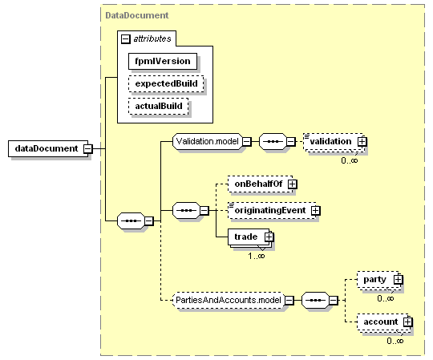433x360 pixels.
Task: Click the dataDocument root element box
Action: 48,148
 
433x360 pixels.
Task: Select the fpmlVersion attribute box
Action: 163,61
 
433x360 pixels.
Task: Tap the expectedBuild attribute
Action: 166,83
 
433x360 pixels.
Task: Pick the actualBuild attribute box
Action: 159,107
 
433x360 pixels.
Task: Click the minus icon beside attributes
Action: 125,39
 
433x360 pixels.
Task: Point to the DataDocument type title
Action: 137,15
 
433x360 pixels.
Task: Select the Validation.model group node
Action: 208,142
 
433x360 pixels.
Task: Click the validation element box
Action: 334,142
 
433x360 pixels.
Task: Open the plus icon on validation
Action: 362,142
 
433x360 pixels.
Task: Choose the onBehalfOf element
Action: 260,184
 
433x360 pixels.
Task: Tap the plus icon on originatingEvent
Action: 316,211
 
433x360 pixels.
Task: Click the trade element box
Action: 249,237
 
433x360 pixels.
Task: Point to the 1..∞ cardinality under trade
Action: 257,257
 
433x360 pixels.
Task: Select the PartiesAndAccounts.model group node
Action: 229,300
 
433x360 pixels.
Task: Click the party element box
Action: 378,280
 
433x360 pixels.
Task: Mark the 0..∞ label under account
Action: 395,341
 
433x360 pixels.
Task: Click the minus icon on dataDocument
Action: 88,149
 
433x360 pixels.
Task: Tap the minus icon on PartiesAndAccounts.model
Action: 289,300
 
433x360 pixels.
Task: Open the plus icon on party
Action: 398,280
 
